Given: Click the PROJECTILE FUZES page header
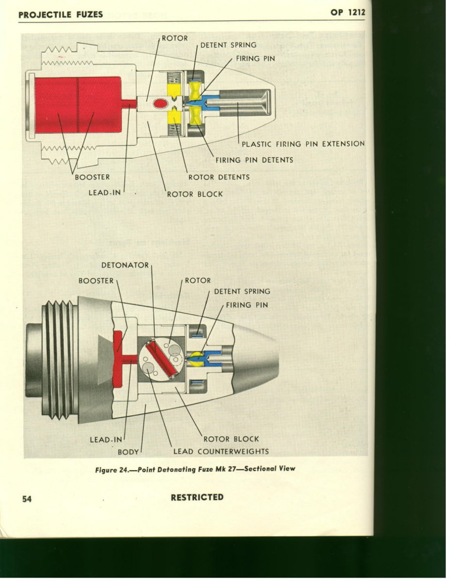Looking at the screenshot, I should click(61, 14).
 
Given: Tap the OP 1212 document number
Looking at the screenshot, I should click(348, 13).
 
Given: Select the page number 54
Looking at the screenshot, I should click(27, 499).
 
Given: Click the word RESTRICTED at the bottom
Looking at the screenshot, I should click(197, 497).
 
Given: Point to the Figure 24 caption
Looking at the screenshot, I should click(195, 469).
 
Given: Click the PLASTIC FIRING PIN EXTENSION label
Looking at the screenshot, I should click(303, 144).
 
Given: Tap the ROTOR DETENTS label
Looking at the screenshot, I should click(219, 177).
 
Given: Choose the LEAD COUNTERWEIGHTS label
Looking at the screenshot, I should click(221, 452).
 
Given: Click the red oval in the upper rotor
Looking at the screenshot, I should click(159, 103).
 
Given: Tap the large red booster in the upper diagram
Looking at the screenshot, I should click(78, 104).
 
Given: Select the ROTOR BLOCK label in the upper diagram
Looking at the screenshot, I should click(195, 194).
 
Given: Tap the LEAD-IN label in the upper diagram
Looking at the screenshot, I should click(104, 193).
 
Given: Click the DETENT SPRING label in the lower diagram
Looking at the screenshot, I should click(242, 291).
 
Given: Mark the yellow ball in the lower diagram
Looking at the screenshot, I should click(196, 358).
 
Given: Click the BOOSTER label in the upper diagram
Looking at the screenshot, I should click(92, 177).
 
